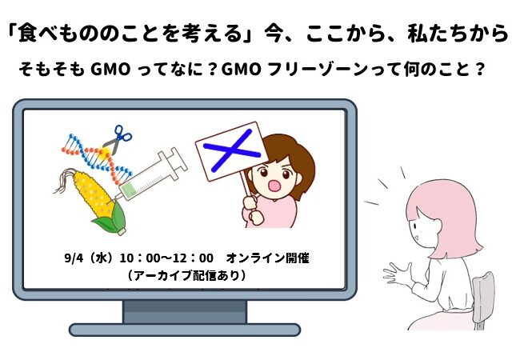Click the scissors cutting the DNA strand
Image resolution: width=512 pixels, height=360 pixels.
pyautogui.click(x=118, y=140)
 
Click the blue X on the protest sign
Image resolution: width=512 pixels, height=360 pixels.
pyautogui.click(x=232, y=150)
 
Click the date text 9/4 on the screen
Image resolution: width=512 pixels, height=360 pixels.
pyautogui.click(x=74, y=258)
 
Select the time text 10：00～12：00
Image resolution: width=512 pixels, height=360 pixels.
pyautogui.click(x=166, y=258)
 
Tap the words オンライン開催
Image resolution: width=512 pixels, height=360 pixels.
pyautogui.click(x=267, y=258)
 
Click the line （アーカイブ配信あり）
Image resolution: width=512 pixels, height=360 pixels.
pyautogui.click(x=186, y=275)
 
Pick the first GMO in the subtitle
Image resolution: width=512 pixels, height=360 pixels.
pyautogui.click(x=110, y=70)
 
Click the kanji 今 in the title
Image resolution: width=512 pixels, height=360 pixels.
pyautogui.click(x=274, y=34)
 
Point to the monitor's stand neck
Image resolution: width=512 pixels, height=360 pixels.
pyautogui.click(x=185, y=311)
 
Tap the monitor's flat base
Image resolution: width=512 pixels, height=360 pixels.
pyautogui.click(x=185, y=330)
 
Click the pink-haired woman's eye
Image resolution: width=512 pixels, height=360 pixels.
pyautogui.click(x=414, y=225)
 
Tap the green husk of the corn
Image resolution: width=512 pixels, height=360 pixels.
pyautogui.click(x=111, y=219)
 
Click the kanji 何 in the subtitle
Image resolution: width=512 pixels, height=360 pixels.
pyautogui.click(x=413, y=70)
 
